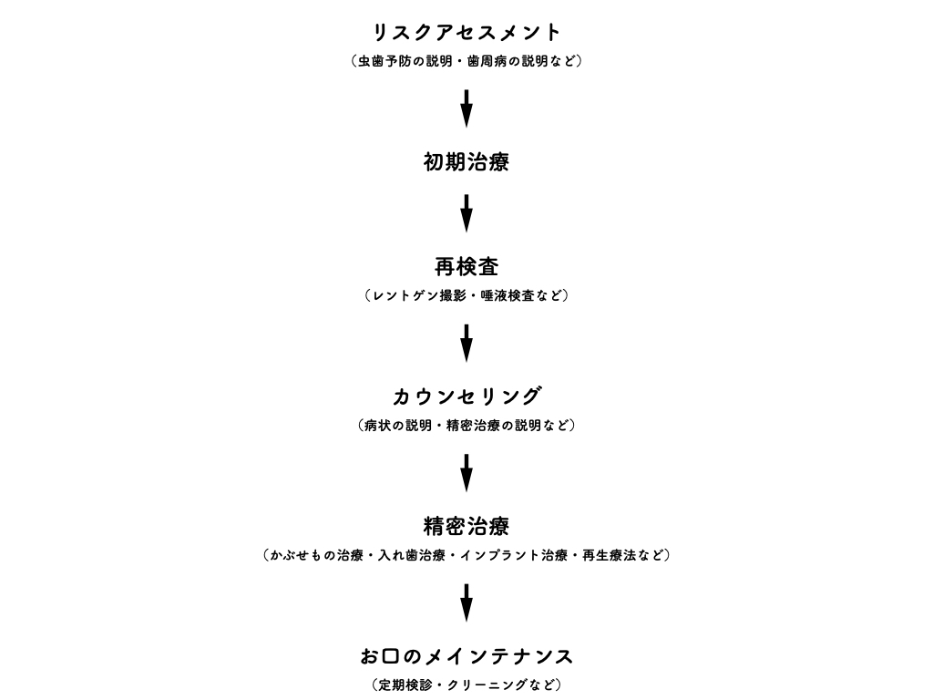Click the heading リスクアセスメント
click(466, 32)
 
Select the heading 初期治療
click(466, 162)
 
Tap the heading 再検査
click(466, 267)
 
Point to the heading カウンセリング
click(466, 396)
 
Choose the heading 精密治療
click(466, 526)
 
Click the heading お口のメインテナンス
click(466, 656)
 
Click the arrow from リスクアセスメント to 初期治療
click(466, 108)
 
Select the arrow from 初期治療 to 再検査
click(466, 213)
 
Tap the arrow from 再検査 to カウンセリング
click(466, 343)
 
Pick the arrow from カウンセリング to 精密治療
click(466, 473)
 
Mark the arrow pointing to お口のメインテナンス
click(466, 602)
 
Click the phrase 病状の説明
click(398, 425)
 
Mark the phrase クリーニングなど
click(500, 685)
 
